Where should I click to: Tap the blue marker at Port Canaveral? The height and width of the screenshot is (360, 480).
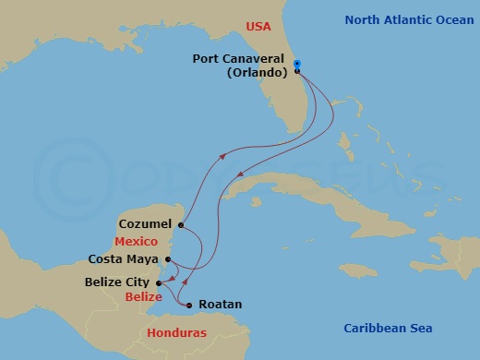[x=297, y=64]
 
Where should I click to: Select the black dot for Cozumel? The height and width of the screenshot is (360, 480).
[x=181, y=224]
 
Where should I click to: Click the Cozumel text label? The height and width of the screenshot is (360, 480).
[x=146, y=223]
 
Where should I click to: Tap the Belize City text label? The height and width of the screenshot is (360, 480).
[x=119, y=282]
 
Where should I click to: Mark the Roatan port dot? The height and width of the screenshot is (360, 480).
[x=188, y=306]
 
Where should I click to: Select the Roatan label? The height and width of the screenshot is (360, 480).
[x=215, y=306]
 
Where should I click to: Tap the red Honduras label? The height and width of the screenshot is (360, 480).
[x=179, y=332]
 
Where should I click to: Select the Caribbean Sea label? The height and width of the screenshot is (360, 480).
[x=388, y=328]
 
